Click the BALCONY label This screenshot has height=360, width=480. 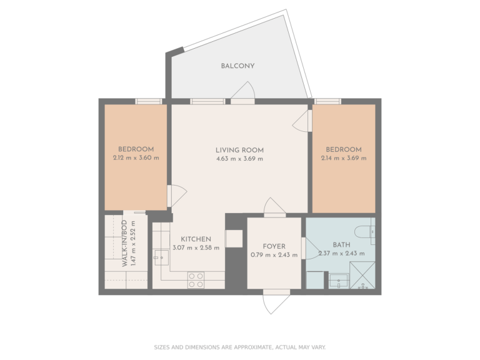tap(237, 66)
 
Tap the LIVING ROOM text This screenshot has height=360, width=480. tap(239, 150)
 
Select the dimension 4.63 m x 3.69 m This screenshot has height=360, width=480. tap(239, 159)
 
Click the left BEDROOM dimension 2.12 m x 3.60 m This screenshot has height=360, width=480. tap(136, 157)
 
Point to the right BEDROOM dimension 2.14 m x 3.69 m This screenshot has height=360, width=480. tap(344, 158)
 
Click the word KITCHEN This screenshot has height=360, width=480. tap(196, 239)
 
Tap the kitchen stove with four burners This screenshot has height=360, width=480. tap(196, 279)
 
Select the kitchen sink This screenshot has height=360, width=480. tap(161, 257)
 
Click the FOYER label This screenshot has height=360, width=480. tap(274, 246)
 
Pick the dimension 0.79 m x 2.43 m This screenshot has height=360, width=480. tap(274, 254)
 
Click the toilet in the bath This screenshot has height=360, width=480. tap(369, 231)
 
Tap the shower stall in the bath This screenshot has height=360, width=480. tap(362, 275)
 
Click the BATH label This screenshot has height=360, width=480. tap(341, 245)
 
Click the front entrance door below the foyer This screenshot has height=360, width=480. tap(276, 302)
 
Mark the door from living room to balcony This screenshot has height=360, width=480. tap(242, 94)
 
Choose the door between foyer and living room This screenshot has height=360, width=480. tap(274, 207)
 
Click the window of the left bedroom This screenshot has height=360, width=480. tap(149, 101)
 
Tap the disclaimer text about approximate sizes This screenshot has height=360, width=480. tap(239, 347)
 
